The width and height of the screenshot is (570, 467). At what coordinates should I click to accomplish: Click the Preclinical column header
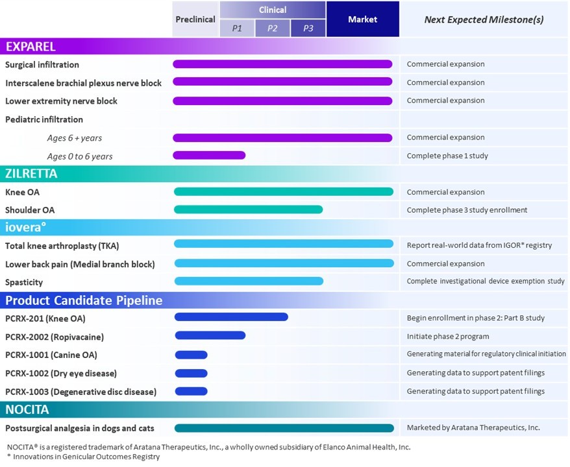point(195,19)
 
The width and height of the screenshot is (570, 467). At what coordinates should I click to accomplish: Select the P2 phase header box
point(273,29)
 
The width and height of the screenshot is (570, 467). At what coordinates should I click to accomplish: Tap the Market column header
point(362,19)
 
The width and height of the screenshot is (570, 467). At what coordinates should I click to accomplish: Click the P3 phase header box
point(308,29)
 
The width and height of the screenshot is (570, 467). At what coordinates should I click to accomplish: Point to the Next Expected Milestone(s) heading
point(484,19)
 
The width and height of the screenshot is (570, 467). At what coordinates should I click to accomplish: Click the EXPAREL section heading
point(31,47)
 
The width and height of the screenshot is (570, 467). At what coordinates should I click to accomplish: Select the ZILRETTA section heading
point(32,174)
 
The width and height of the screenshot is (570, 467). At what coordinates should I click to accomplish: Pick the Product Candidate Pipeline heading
point(84,300)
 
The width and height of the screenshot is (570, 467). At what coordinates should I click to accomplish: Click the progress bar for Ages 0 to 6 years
point(209,155)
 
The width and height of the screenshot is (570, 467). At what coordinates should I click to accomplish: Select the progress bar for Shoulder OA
point(248,210)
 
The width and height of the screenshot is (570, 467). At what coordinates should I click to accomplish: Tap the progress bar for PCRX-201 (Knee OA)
point(231,317)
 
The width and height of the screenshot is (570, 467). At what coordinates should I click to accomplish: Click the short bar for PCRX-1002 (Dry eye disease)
point(191,373)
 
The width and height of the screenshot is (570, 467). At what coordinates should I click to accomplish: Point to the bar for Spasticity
point(249,281)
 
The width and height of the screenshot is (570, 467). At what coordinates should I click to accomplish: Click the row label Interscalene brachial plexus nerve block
point(83,83)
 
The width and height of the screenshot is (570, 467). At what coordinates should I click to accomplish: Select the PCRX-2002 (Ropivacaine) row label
point(55,337)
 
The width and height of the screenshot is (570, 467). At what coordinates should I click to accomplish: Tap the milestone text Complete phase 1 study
point(447,156)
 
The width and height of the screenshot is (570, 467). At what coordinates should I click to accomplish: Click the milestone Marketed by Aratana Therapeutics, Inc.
point(473,427)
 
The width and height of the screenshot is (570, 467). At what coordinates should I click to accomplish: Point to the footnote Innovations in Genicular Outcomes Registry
point(86,457)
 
